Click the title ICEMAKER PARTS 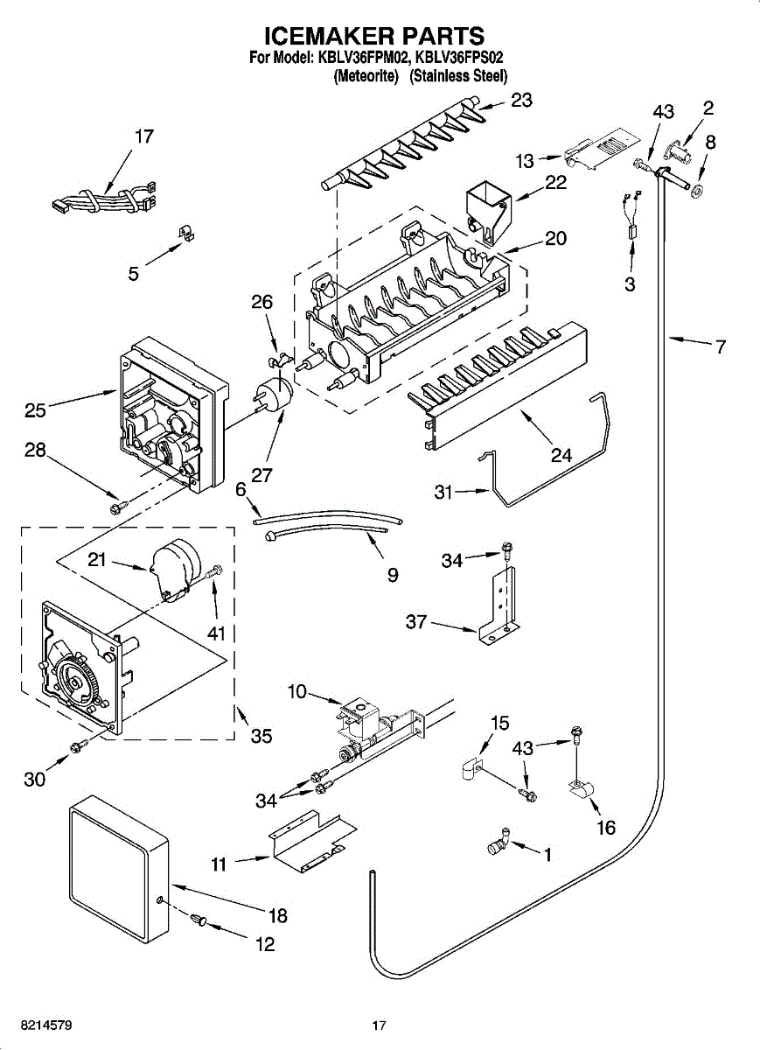click(373, 35)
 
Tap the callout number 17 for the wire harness click(143, 136)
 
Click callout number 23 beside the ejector click(521, 101)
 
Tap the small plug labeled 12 click(199, 918)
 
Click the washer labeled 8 click(701, 190)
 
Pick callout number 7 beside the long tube click(720, 347)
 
